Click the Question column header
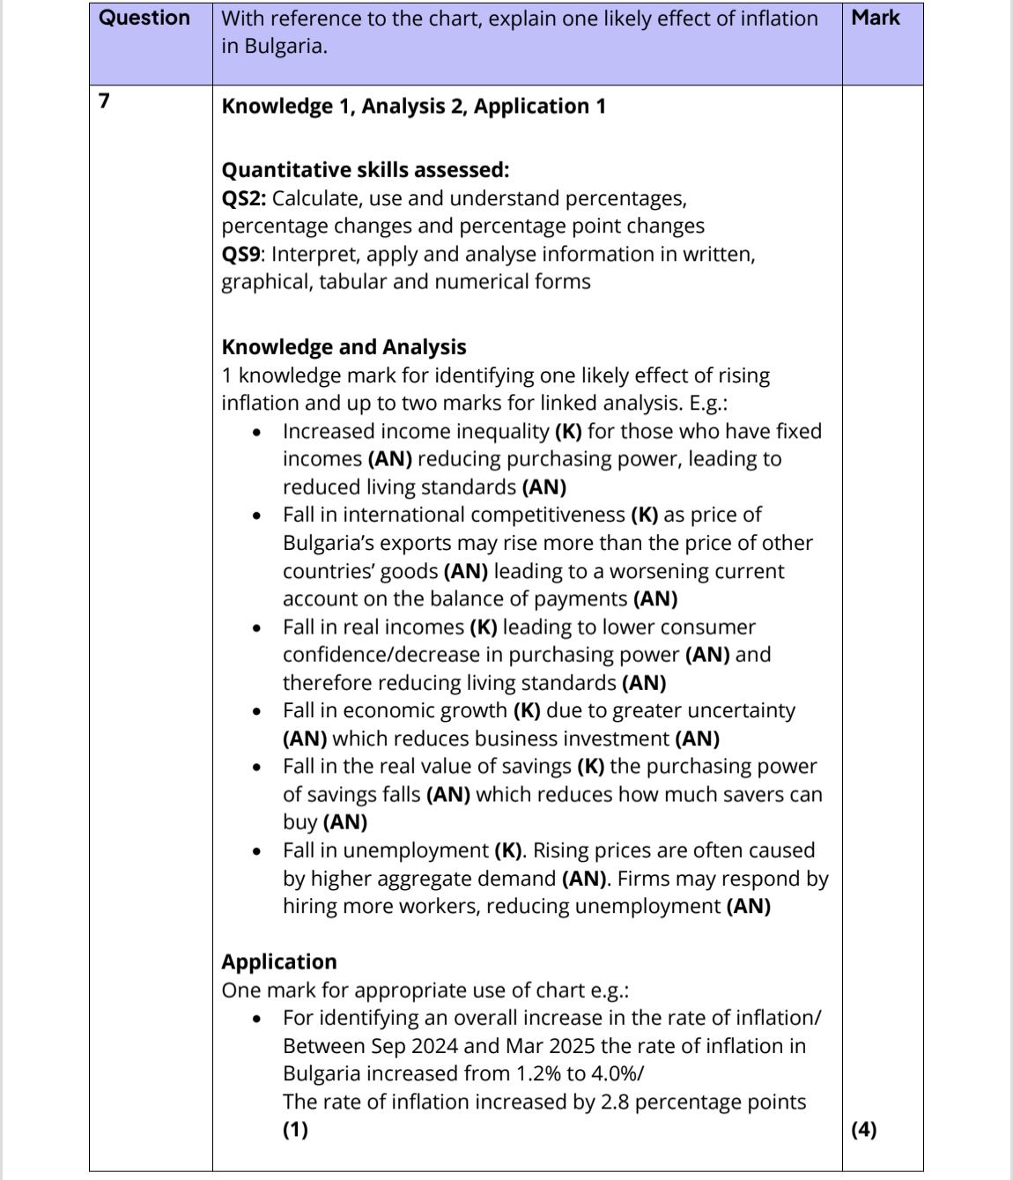click(144, 18)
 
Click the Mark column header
click(876, 18)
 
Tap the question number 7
click(104, 100)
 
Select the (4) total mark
click(864, 1129)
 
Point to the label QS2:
click(243, 198)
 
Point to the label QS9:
click(243, 255)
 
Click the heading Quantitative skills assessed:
click(366, 170)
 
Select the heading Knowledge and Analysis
click(344, 347)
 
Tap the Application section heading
click(279, 961)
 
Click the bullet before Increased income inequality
click(256, 432)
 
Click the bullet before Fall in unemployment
click(256, 851)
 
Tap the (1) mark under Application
click(296, 1129)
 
